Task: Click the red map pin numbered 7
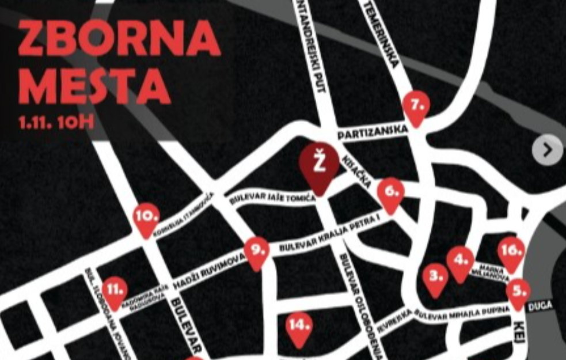point(417,106)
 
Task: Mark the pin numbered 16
point(511,252)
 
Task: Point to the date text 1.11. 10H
point(56,123)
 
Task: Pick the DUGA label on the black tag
point(539,305)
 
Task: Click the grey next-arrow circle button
point(546,151)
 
